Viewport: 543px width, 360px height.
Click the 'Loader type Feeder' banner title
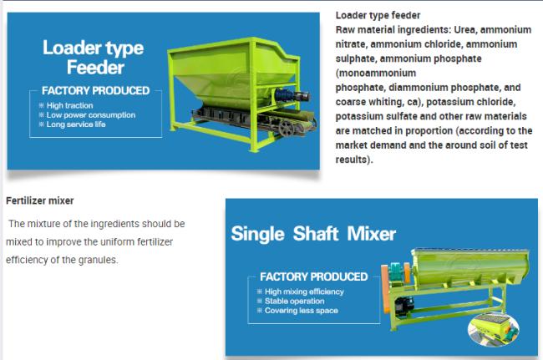point(94,57)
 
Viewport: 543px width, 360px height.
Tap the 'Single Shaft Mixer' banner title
point(313,234)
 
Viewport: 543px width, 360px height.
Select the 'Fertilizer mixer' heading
point(40,200)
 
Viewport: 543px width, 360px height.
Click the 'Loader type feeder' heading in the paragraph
point(378,15)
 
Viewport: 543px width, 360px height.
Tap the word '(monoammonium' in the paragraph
point(376,73)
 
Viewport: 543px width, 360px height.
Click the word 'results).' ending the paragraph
point(354,160)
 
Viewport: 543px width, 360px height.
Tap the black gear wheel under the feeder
point(287,129)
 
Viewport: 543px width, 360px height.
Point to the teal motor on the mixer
point(395,272)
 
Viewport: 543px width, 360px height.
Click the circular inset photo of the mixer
point(494,329)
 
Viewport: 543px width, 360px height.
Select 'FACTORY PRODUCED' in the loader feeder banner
point(95,91)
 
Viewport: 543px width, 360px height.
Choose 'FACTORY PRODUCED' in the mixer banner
point(314,276)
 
